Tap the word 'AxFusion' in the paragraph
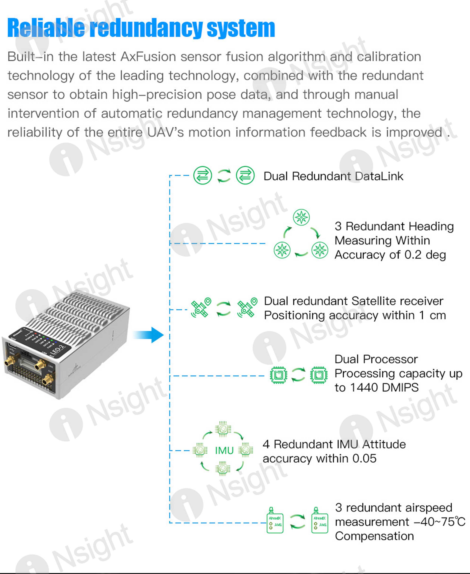[x=149, y=57]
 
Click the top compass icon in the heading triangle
[x=301, y=217]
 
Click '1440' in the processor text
[x=364, y=387]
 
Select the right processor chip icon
[x=319, y=375]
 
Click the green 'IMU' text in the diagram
[x=224, y=451]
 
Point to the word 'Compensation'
[x=374, y=536]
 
